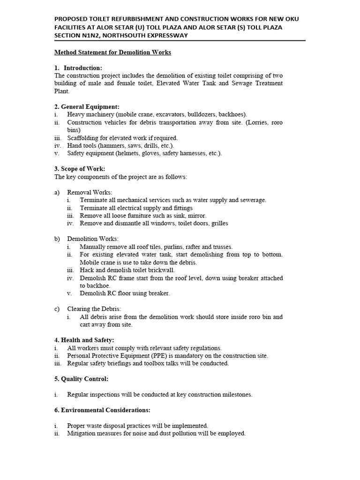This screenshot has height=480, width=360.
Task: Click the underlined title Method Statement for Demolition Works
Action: (112, 52)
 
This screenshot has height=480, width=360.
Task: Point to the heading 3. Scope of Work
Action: (80, 169)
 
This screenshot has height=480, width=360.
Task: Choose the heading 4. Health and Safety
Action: (84, 340)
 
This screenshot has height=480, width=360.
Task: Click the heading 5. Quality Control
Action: (81, 379)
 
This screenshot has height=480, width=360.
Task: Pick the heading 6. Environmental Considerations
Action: (102, 410)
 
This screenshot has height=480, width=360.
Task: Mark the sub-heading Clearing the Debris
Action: (94, 309)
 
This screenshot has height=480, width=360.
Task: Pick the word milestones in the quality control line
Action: (236, 395)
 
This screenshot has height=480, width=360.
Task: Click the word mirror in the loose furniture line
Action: (196, 216)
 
